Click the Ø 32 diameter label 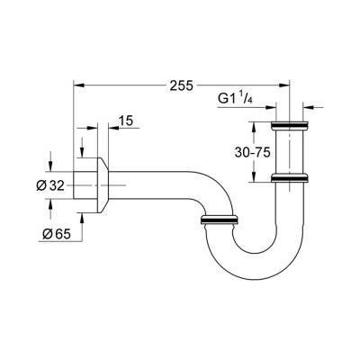(49, 184)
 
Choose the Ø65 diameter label (57, 235)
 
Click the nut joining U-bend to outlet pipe (219, 219)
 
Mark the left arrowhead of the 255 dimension (77, 85)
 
